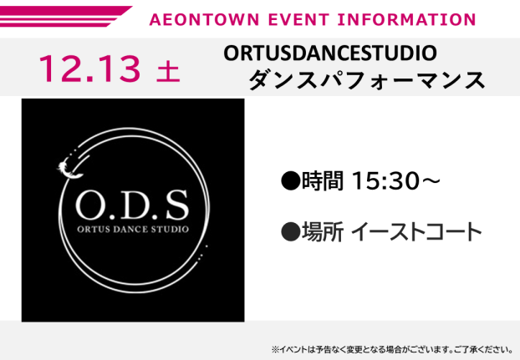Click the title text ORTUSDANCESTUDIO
pyautogui.click(x=330, y=53)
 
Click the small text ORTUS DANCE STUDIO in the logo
pyautogui.click(x=132, y=228)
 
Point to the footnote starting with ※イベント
pyautogui.click(x=391, y=349)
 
